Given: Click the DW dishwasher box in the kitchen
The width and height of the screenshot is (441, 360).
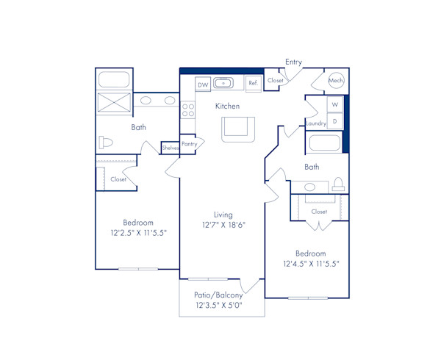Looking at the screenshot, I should coord(203,85).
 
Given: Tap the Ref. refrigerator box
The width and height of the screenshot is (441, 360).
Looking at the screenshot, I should coord(253,84).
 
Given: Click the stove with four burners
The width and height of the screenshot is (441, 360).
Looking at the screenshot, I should coord(188,110).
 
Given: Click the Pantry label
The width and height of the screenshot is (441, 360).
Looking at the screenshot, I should coord(188,144).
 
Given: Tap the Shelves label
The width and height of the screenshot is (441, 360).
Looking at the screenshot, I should coord(170,148).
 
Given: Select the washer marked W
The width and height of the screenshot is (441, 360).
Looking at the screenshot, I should coord(334,104).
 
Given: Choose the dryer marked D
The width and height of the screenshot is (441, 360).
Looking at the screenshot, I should coord(334,120).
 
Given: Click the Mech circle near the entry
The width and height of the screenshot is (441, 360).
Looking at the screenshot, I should coord(336,81).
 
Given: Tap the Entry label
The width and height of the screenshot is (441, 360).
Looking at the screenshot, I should coord(293,62).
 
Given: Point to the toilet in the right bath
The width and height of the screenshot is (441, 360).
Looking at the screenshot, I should coord(339,183).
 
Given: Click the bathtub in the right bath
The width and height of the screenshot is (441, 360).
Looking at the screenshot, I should coord(324,143).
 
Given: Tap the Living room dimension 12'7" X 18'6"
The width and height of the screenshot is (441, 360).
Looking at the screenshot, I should coord(223,226).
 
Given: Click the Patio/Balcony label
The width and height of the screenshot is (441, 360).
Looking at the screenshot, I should coord(218,295).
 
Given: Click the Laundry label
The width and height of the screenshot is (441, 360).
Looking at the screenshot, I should coord(316,123).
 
